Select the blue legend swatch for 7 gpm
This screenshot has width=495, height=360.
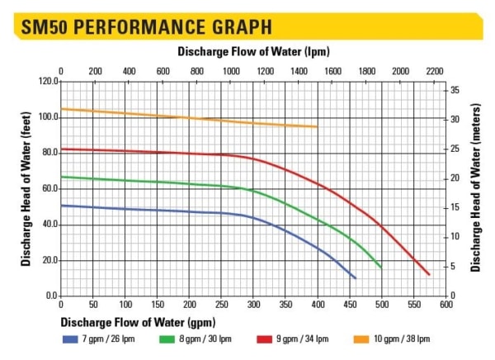68,339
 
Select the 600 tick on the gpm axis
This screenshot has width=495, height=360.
446,304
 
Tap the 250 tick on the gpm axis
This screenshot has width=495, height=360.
221,304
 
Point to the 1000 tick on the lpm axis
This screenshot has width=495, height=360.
231,71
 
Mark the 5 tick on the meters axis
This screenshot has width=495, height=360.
452,266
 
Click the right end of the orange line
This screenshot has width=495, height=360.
318,126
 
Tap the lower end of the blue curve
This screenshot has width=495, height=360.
355,278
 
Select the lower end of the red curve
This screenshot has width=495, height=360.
430,274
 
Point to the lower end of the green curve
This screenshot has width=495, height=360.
381,268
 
